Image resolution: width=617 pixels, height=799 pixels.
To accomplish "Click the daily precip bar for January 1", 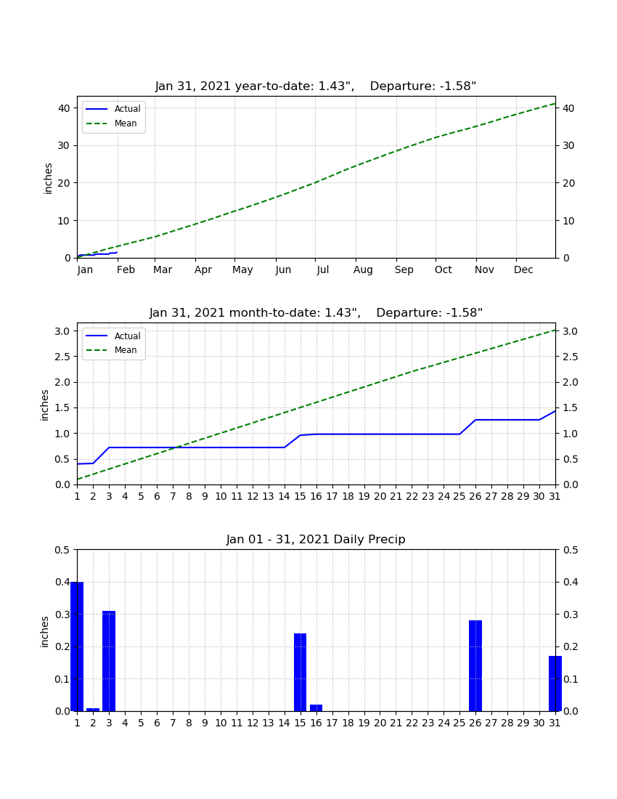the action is coord(77,646).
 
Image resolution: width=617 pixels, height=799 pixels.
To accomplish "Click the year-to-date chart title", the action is coord(316,86).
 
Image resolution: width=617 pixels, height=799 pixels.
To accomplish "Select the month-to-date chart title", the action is coord(316,312).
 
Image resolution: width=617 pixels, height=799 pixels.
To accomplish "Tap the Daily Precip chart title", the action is coord(316,539).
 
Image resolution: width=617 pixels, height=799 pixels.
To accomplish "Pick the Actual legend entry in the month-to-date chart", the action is coord(113,336).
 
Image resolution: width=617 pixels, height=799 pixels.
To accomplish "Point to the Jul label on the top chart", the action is coord(323,269).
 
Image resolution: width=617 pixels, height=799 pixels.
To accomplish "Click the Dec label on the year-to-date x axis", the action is coord(523,269).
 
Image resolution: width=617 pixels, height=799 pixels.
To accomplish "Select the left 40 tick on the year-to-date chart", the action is coord(64,108).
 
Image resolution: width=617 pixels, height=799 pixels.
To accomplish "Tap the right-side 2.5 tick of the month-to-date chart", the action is coord(570,357).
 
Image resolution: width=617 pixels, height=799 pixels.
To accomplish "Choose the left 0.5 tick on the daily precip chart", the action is coord(62,550).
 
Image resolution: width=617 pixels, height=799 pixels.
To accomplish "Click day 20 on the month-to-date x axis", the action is coord(380,496).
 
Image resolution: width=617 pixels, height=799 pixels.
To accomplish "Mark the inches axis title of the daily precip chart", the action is coord(45,632).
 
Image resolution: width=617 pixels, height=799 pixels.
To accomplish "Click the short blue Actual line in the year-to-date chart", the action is coord(97,254).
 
